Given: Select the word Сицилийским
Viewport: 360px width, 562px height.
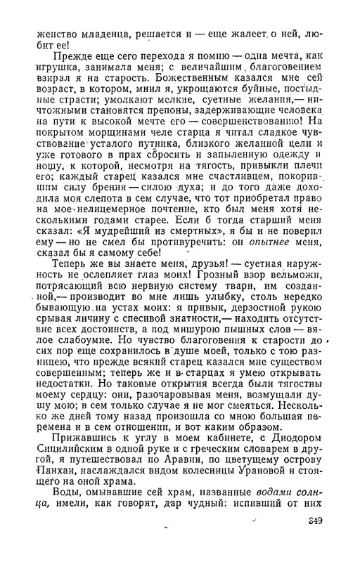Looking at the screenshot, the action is (68, 431).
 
